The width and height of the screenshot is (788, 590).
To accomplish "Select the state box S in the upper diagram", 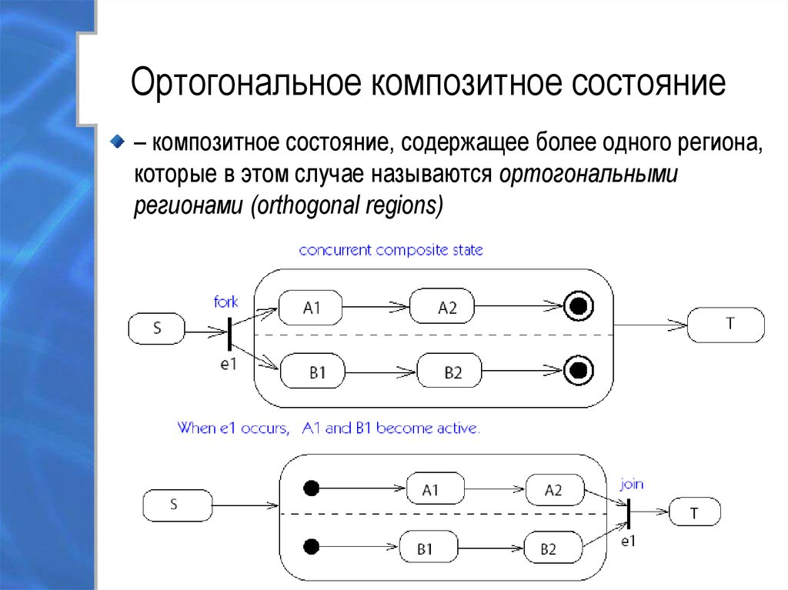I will [x=157, y=328].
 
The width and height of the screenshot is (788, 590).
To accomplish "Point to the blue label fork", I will [x=225, y=302].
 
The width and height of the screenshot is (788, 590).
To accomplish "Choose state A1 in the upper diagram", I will [x=311, y=308].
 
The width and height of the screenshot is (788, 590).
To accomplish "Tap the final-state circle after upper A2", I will [x=579, y=307].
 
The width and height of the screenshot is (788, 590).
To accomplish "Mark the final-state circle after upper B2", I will [x=579, y=372].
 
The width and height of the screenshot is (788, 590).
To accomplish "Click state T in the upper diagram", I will [x=727, y=325].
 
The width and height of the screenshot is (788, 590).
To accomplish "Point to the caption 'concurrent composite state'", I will [x=391, y=250].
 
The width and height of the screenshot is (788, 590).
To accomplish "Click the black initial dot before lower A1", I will [x=311, y=488].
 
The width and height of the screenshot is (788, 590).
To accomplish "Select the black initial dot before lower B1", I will [x=311, y=547].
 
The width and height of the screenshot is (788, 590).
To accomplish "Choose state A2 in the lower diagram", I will [x=553, y=490].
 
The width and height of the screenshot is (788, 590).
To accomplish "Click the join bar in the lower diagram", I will [x=628, y=512].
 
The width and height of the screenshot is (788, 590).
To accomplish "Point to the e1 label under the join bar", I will [x=629, y=542].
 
